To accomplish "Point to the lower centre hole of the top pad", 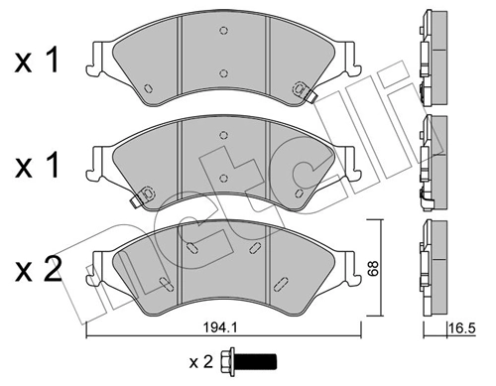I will point(224,73).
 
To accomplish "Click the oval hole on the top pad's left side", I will point(148,88).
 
